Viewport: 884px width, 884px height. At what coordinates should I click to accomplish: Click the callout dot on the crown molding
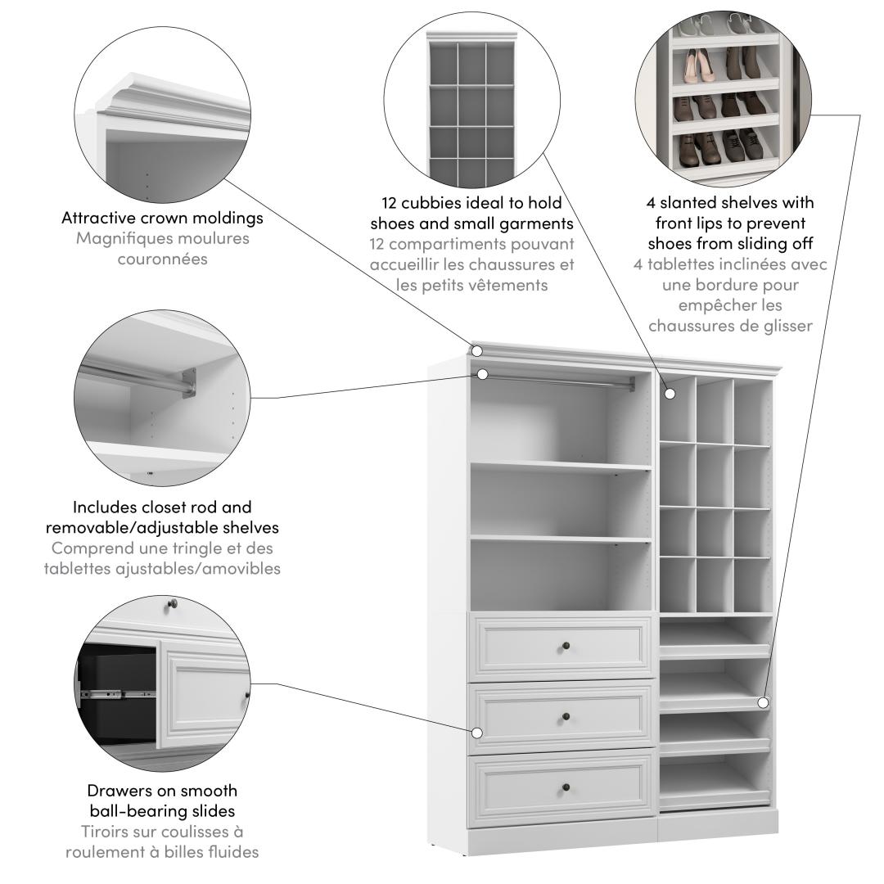477,351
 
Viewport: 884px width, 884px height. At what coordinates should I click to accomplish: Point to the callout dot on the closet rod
483,374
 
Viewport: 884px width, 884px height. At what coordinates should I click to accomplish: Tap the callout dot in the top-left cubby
670,394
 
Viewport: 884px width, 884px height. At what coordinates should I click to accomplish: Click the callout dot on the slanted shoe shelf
763,702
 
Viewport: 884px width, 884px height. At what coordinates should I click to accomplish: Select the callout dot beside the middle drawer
477,733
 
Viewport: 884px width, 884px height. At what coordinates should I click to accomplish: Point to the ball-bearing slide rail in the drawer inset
119,692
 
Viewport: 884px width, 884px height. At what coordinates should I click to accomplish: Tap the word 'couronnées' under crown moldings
162,259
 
